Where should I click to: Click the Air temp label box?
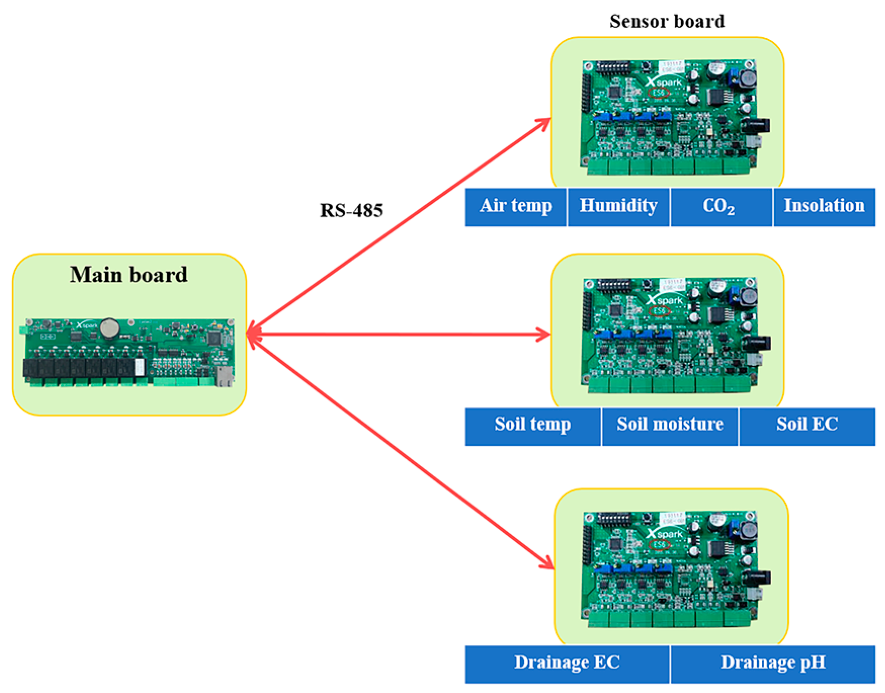point(515,207)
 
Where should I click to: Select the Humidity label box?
point(618,207)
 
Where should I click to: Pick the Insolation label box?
point(824,207)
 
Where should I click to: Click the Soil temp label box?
point(532,426)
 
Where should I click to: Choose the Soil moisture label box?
point(669,426)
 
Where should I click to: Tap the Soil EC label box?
point(807,426)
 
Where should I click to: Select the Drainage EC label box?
point(567,664)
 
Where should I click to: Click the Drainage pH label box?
point(773,664)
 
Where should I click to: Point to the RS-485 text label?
point(351,210)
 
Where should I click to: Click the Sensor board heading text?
point(667,21)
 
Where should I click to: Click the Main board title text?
point(129,275)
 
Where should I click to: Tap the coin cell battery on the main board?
point(109,328)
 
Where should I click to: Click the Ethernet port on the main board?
point(224,376)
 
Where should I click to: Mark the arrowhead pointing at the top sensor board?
point(544,122)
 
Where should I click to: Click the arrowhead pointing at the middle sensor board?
point(544,334)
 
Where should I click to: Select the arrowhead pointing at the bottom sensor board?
point(548,562)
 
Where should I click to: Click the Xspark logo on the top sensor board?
point(664,82)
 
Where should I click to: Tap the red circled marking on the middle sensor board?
point(659,311)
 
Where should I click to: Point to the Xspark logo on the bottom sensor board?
point(664,534)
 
